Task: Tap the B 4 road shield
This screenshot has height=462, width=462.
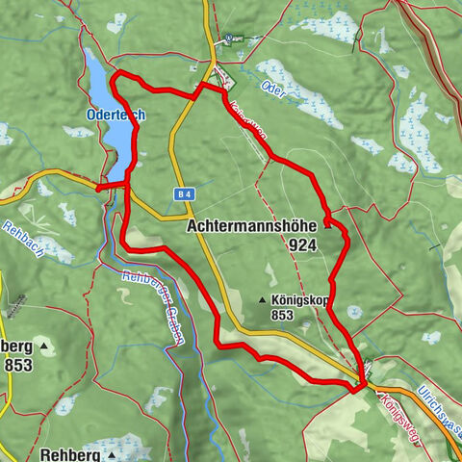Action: [186, 193]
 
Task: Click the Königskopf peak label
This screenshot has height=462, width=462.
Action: [300, 299]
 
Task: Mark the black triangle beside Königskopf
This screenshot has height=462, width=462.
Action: [262, 300]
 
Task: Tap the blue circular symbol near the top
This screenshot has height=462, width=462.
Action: [228, 40]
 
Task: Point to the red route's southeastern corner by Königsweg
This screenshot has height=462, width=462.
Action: [363, 389]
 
